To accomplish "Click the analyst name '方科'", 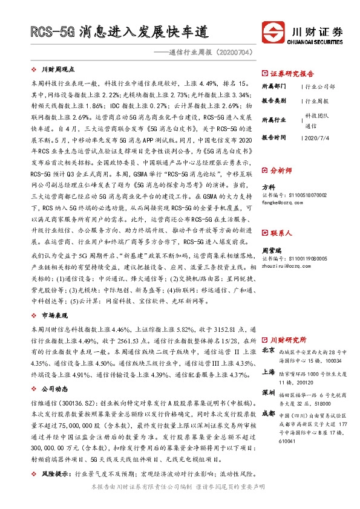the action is (x=268, y=187).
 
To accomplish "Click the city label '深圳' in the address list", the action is (x=269, y=392).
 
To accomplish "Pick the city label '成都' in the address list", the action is (x=269, y=413).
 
